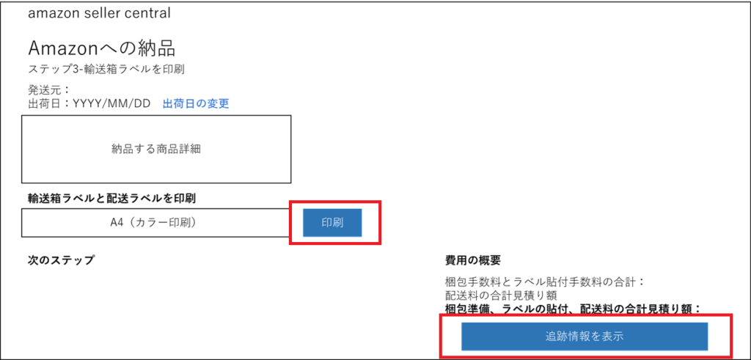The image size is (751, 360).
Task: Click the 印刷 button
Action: (x=332, y=222)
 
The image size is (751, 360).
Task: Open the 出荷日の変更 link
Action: (x=196, y=104)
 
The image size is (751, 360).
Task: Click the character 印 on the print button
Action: (x=327, y=222)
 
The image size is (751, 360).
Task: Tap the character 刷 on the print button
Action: (x=338, y=222)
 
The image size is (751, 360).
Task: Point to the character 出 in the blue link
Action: (x=167, y=104)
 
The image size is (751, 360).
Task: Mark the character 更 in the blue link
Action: (x=224, y=104)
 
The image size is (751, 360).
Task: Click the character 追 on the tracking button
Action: (x=552, y=337)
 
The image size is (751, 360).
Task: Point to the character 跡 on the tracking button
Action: (x=563, y=337)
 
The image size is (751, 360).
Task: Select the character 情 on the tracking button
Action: (x=574, y=337)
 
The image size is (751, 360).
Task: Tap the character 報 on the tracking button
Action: (x=585, y=337)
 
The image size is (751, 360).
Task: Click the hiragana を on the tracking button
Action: (x=596, y=337)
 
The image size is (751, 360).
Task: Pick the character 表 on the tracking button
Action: (x=607, y=337)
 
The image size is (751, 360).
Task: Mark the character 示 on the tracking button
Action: (x=618, y=337)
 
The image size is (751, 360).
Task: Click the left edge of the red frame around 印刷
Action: (x=290, y=222)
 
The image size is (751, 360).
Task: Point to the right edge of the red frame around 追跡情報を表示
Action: (x=731, y=336)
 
